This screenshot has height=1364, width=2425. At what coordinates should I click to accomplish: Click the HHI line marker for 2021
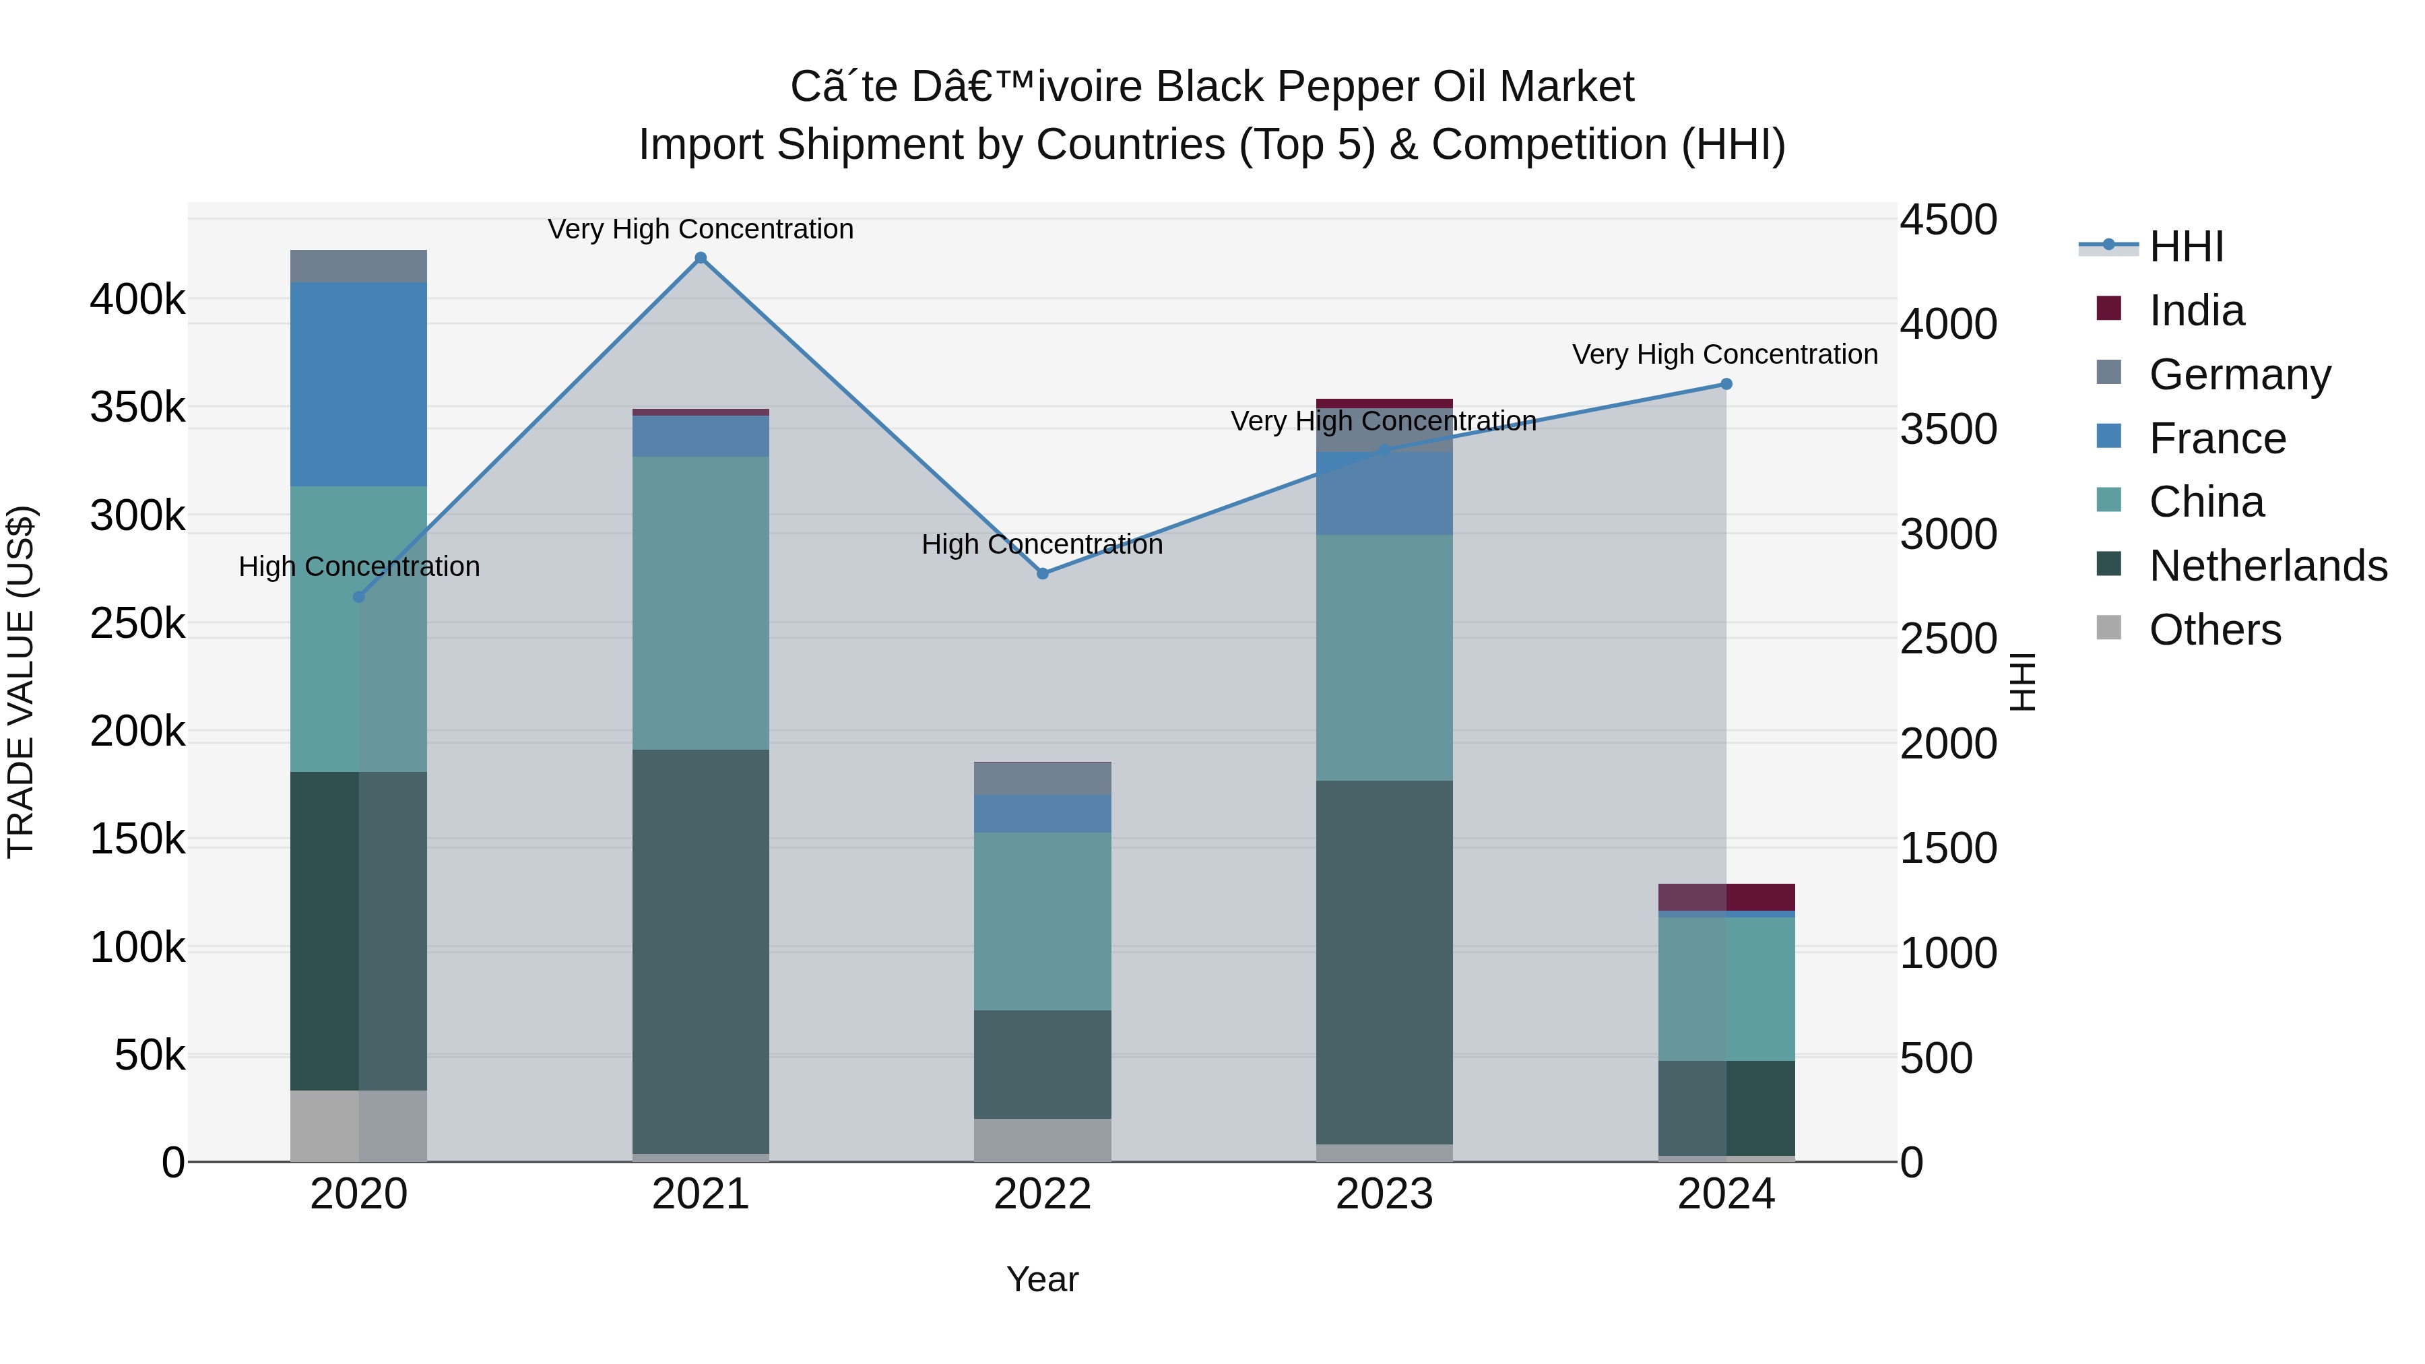701,258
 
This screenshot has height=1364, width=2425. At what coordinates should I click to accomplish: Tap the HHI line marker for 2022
1042,573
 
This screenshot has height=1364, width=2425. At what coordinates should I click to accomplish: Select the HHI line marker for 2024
1726,384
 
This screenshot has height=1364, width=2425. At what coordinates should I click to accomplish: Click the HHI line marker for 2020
358,597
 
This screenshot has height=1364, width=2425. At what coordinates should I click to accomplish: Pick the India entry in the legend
2196,311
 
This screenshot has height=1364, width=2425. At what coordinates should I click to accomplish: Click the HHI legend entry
2186,247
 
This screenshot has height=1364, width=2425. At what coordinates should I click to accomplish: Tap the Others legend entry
2214,630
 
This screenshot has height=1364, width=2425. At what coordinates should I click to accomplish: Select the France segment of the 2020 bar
358,384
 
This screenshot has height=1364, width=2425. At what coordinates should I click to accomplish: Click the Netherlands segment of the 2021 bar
701,950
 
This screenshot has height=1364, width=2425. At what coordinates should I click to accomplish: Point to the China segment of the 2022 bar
1042,921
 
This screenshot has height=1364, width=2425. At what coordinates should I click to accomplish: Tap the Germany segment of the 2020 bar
358,266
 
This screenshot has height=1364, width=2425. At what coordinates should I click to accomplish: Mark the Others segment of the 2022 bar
1042,1139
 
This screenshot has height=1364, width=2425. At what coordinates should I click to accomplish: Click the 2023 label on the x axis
1384,1194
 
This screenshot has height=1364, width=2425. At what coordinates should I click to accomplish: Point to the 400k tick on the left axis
137,300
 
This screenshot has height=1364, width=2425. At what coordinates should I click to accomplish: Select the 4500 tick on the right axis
1947,220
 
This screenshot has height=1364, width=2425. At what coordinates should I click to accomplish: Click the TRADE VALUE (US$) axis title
21,682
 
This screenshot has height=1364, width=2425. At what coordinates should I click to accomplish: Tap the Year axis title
1042,1279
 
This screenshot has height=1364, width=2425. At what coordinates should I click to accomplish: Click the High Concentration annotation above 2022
1042,544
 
